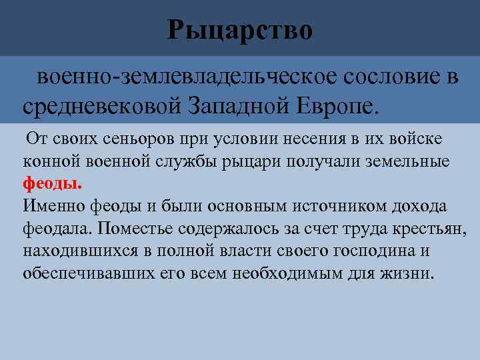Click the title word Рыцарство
(240, 30)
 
